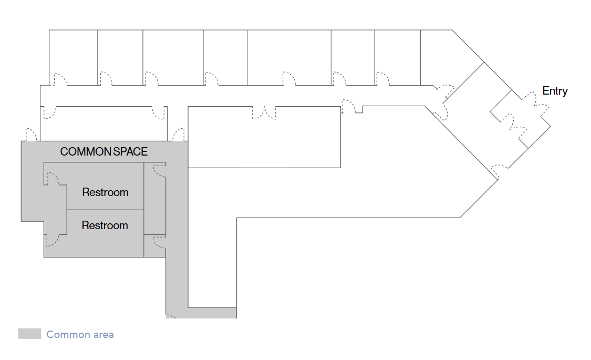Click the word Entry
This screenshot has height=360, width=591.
(x=555, y=91)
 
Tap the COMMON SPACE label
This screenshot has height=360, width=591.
(x=104, y=152)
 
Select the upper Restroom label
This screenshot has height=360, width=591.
(x=105, y=192)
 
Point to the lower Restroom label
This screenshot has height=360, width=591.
(x=105, y=225)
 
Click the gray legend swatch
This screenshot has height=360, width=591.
(x=29, y=334)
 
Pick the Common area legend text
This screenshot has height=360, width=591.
(x=80, y=334)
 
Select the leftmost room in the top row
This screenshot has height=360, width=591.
(x=73, y=55)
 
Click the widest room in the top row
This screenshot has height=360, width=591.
(x=289, y=55)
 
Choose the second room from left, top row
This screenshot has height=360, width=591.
(x=120, y=55)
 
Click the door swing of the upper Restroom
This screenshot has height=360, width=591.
(x=53, y=178)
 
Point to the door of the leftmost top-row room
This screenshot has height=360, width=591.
(x=60, y=79)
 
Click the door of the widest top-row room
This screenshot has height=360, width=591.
(x=289, y=79)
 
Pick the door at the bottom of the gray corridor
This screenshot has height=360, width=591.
(x=171, y=316)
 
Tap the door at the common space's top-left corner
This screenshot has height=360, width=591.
(x=31, y=135)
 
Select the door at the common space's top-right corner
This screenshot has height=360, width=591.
(x=179, y=135)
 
